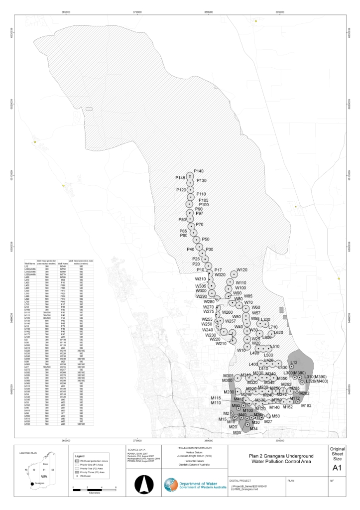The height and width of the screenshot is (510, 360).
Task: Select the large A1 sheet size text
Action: click(337, 467)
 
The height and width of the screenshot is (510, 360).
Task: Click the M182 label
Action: click(306, 405)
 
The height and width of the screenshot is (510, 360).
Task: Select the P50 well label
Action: click(206, 240)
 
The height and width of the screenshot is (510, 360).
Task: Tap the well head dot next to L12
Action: click(292, 367)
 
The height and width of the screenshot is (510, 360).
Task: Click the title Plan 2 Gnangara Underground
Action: click(276, 455)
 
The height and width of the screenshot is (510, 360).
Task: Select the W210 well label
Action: click(221, 343)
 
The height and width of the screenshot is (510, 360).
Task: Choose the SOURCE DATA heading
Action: click(135, 448)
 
